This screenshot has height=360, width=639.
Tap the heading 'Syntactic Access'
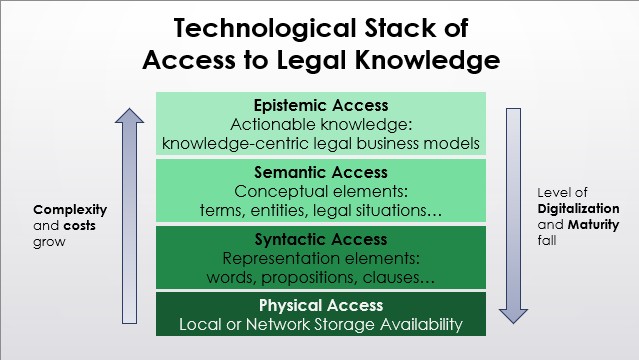click(321, 239)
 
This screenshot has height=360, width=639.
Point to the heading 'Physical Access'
click(321, 306)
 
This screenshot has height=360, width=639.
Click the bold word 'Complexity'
click(69, 210)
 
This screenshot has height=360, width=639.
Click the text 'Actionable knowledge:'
click(321, 125)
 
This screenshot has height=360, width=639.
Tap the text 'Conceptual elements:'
click(321, 191)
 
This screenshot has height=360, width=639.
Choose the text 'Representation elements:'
click(321, 257)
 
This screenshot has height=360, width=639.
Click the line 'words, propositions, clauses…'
click(321, 275)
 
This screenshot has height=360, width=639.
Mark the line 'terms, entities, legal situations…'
click(321, 209)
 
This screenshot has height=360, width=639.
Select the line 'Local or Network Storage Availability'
click(321, 324)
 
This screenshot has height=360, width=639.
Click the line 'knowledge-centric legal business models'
click(321, 143)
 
